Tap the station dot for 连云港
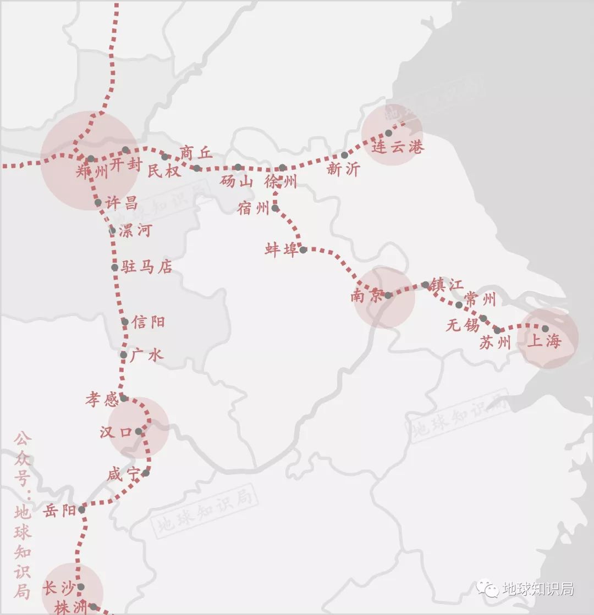pyautogui.click(x=388, y=133)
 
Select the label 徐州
pyautogui.click(x=280, y=181)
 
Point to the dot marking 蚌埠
pyautogui.click(x=303, y=250)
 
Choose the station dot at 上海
pyautogui.click(x=545, y=329)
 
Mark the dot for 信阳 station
pyautogui.click(x=125, y=322)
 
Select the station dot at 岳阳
pyautogui.click(x=81, y=509)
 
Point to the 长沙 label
pyautogui.click(x=58, y=588)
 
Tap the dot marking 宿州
pyautogui.click(x=275, y=208)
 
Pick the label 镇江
pyautogui.click(x=447, y=285)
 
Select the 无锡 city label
pyautogui.click(x=463, y=325)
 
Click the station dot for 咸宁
pyautogui.click(x=146, y=473)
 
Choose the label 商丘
pyautogui.click(x=196, y=153)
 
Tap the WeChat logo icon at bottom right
pyautogui.click(x=488, y=589)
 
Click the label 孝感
pyautogui.click(x=102, y=399)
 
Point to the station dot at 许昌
pyautogui.click(x=98, y=203)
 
